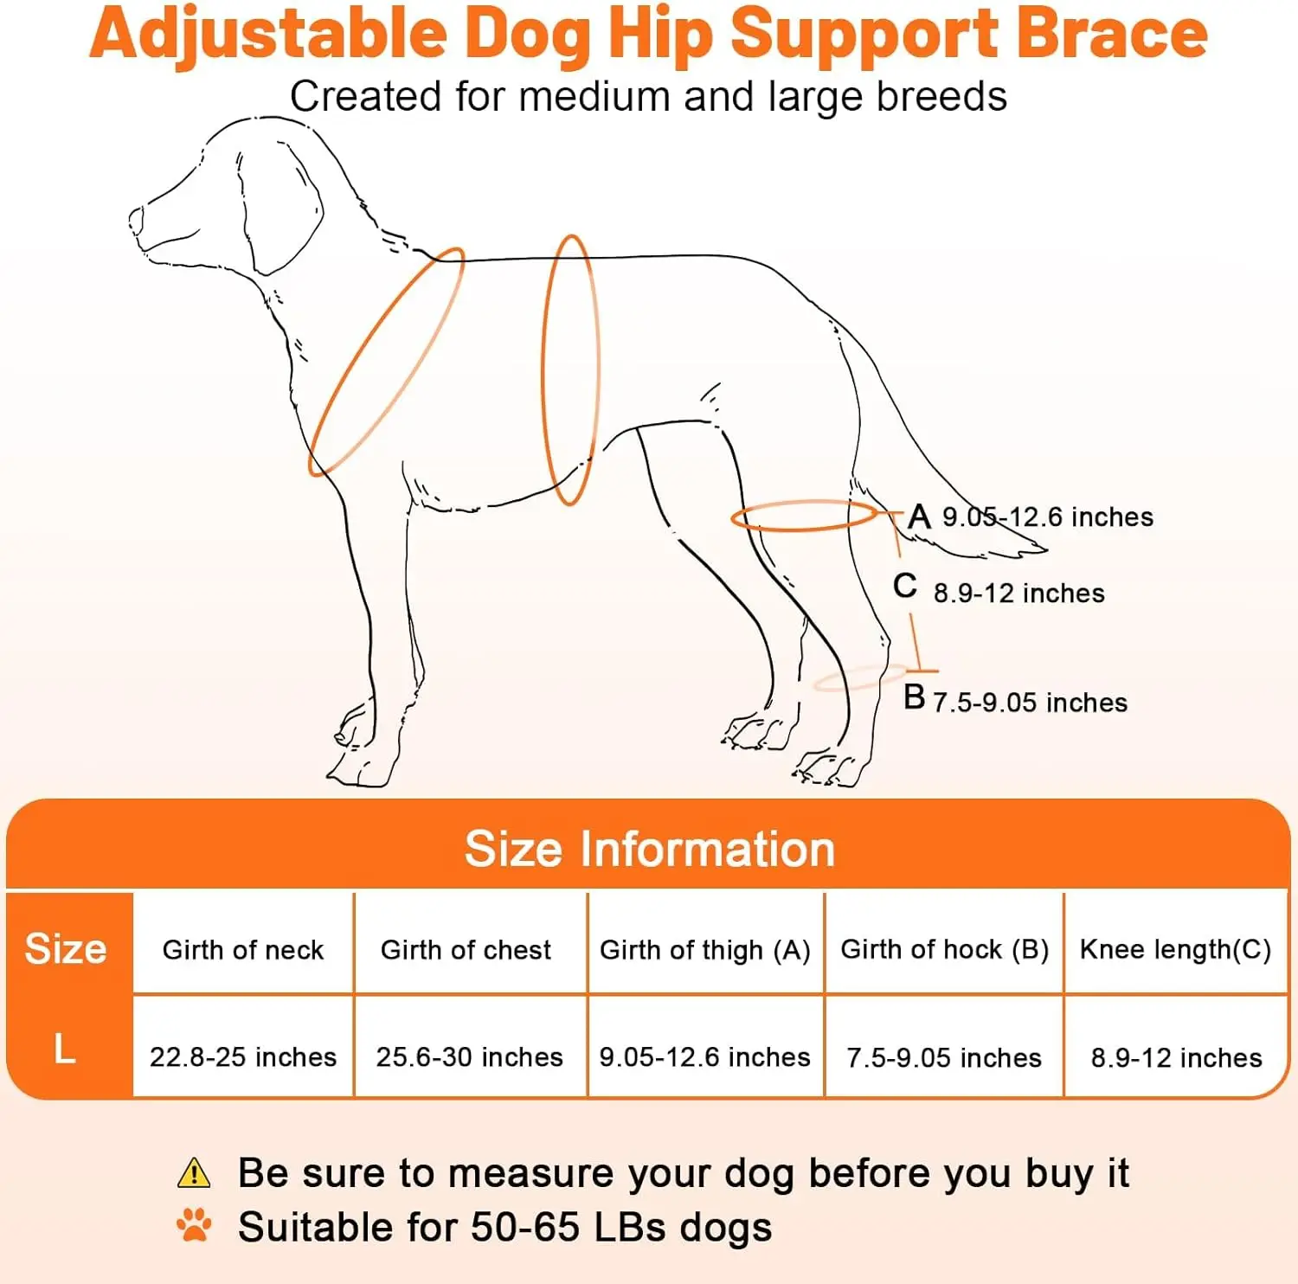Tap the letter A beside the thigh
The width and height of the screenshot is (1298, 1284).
click(x=919, y=517)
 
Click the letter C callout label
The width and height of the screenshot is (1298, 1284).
click(x=905, y=586)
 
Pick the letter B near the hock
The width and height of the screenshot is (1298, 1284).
click(x=914, y=697)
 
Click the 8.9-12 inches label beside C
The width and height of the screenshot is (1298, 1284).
click(x=1018, y=594)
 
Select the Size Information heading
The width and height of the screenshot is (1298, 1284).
click(x=650, y=849)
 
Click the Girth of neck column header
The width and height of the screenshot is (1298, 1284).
click(x=243, y=950)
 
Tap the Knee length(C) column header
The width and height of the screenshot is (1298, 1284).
click(x=1175, y=950)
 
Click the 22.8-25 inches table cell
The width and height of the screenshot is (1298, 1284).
click(x=243, y=1056)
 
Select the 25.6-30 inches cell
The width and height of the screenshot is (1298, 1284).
click(x=469, y=1056)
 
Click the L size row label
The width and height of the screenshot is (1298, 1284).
click(x=65, y=1049)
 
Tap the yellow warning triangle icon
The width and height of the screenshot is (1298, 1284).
click(x=194, y=1173)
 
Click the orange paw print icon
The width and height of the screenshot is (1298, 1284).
click(x=194, y=1225)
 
